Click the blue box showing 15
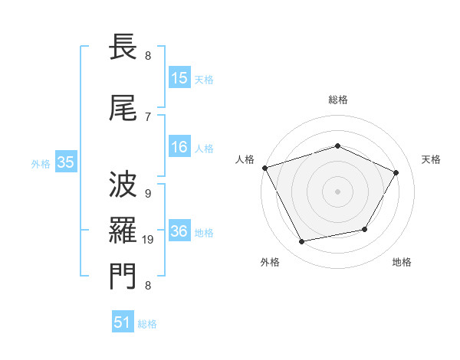(179, 77)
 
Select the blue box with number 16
(179, 148)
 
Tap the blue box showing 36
(179, 232)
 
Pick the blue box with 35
(65, 162)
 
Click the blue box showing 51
(123, 322)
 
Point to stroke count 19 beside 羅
(149, 240)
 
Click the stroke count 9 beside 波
(148, 195)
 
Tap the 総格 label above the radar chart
(337, 100)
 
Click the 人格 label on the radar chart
(245, 159)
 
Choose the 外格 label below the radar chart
(270, 262)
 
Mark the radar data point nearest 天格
(396, 172)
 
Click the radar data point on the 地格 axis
(365, 229)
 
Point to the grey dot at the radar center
(337, 191)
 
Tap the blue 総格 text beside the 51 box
(147, 324)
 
